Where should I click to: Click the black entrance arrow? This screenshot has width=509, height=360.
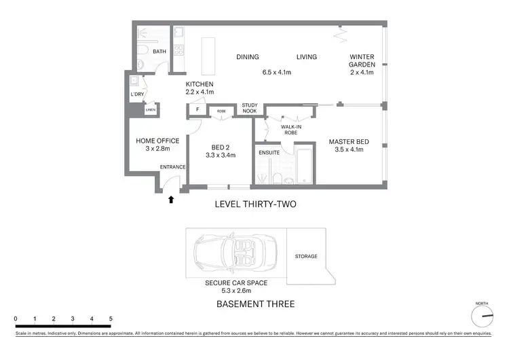171,200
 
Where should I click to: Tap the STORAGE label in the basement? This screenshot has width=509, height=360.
306,257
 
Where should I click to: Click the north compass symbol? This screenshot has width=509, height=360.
483,316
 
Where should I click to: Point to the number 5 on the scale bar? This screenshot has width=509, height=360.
111,319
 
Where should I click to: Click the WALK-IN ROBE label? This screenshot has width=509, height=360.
291,130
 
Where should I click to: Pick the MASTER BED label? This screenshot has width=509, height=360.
350,142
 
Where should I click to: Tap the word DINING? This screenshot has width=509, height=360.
248,57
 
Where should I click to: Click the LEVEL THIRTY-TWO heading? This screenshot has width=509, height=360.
255,204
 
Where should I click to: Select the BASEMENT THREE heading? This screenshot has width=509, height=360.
255,304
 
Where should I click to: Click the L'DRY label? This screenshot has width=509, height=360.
136,94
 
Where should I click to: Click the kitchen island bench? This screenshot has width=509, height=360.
208,51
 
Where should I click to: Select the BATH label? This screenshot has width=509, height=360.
159,52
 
